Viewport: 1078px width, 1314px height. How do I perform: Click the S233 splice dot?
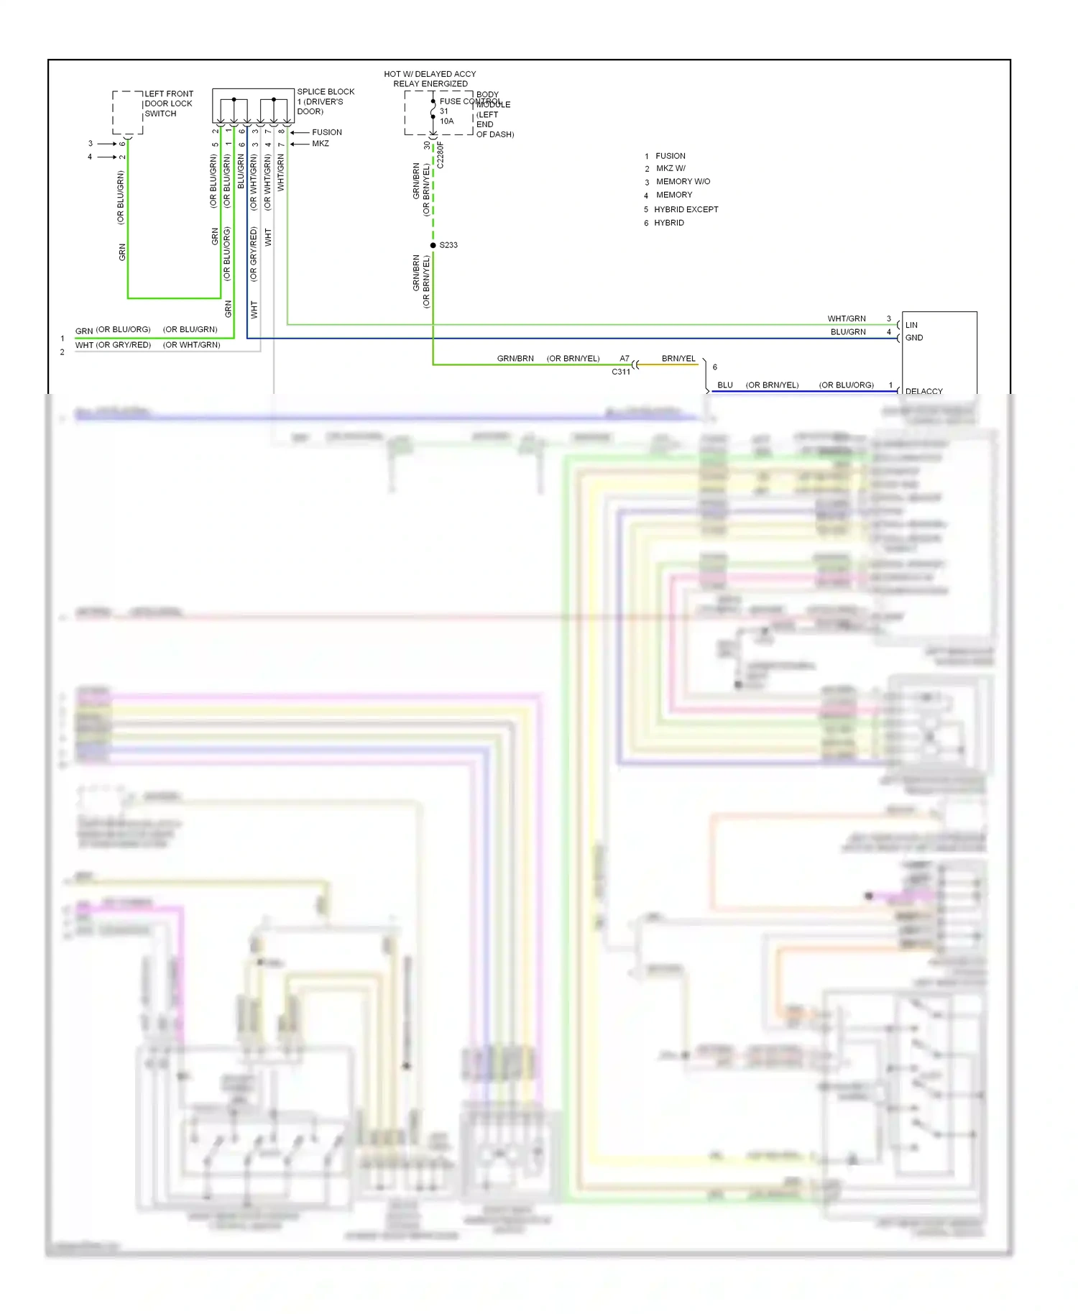433,245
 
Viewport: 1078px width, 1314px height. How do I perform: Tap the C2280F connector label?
441,155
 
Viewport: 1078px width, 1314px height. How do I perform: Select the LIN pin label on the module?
911,325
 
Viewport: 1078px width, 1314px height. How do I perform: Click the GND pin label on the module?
914,338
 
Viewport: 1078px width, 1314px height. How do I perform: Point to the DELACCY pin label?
923,391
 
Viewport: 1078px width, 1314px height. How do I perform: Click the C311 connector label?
621,372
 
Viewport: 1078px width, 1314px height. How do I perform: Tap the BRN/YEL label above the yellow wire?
678,358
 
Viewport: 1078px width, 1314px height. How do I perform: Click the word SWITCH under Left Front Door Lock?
160,114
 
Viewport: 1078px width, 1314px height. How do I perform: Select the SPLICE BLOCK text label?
326,92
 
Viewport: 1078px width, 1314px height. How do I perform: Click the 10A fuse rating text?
446,121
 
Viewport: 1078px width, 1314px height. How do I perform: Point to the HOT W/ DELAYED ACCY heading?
430,74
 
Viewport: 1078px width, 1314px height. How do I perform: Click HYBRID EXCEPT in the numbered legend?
686,209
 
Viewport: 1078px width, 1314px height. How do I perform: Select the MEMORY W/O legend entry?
683,182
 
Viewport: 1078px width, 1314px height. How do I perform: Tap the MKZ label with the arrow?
321,144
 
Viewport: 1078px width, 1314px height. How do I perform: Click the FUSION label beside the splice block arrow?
327,132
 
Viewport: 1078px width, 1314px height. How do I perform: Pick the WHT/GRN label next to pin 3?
846,318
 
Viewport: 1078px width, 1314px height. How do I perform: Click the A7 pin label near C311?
625,358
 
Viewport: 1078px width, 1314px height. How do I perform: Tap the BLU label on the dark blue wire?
725,385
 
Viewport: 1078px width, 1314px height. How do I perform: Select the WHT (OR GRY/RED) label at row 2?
113,345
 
